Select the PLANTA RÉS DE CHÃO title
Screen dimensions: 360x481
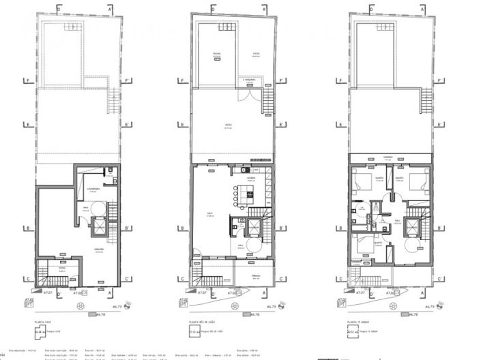coord(201,320)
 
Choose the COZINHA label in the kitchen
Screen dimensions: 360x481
coord(251,177)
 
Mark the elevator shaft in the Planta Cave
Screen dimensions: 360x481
coord(100,228)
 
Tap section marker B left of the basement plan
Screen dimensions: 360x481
coord(25,228)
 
